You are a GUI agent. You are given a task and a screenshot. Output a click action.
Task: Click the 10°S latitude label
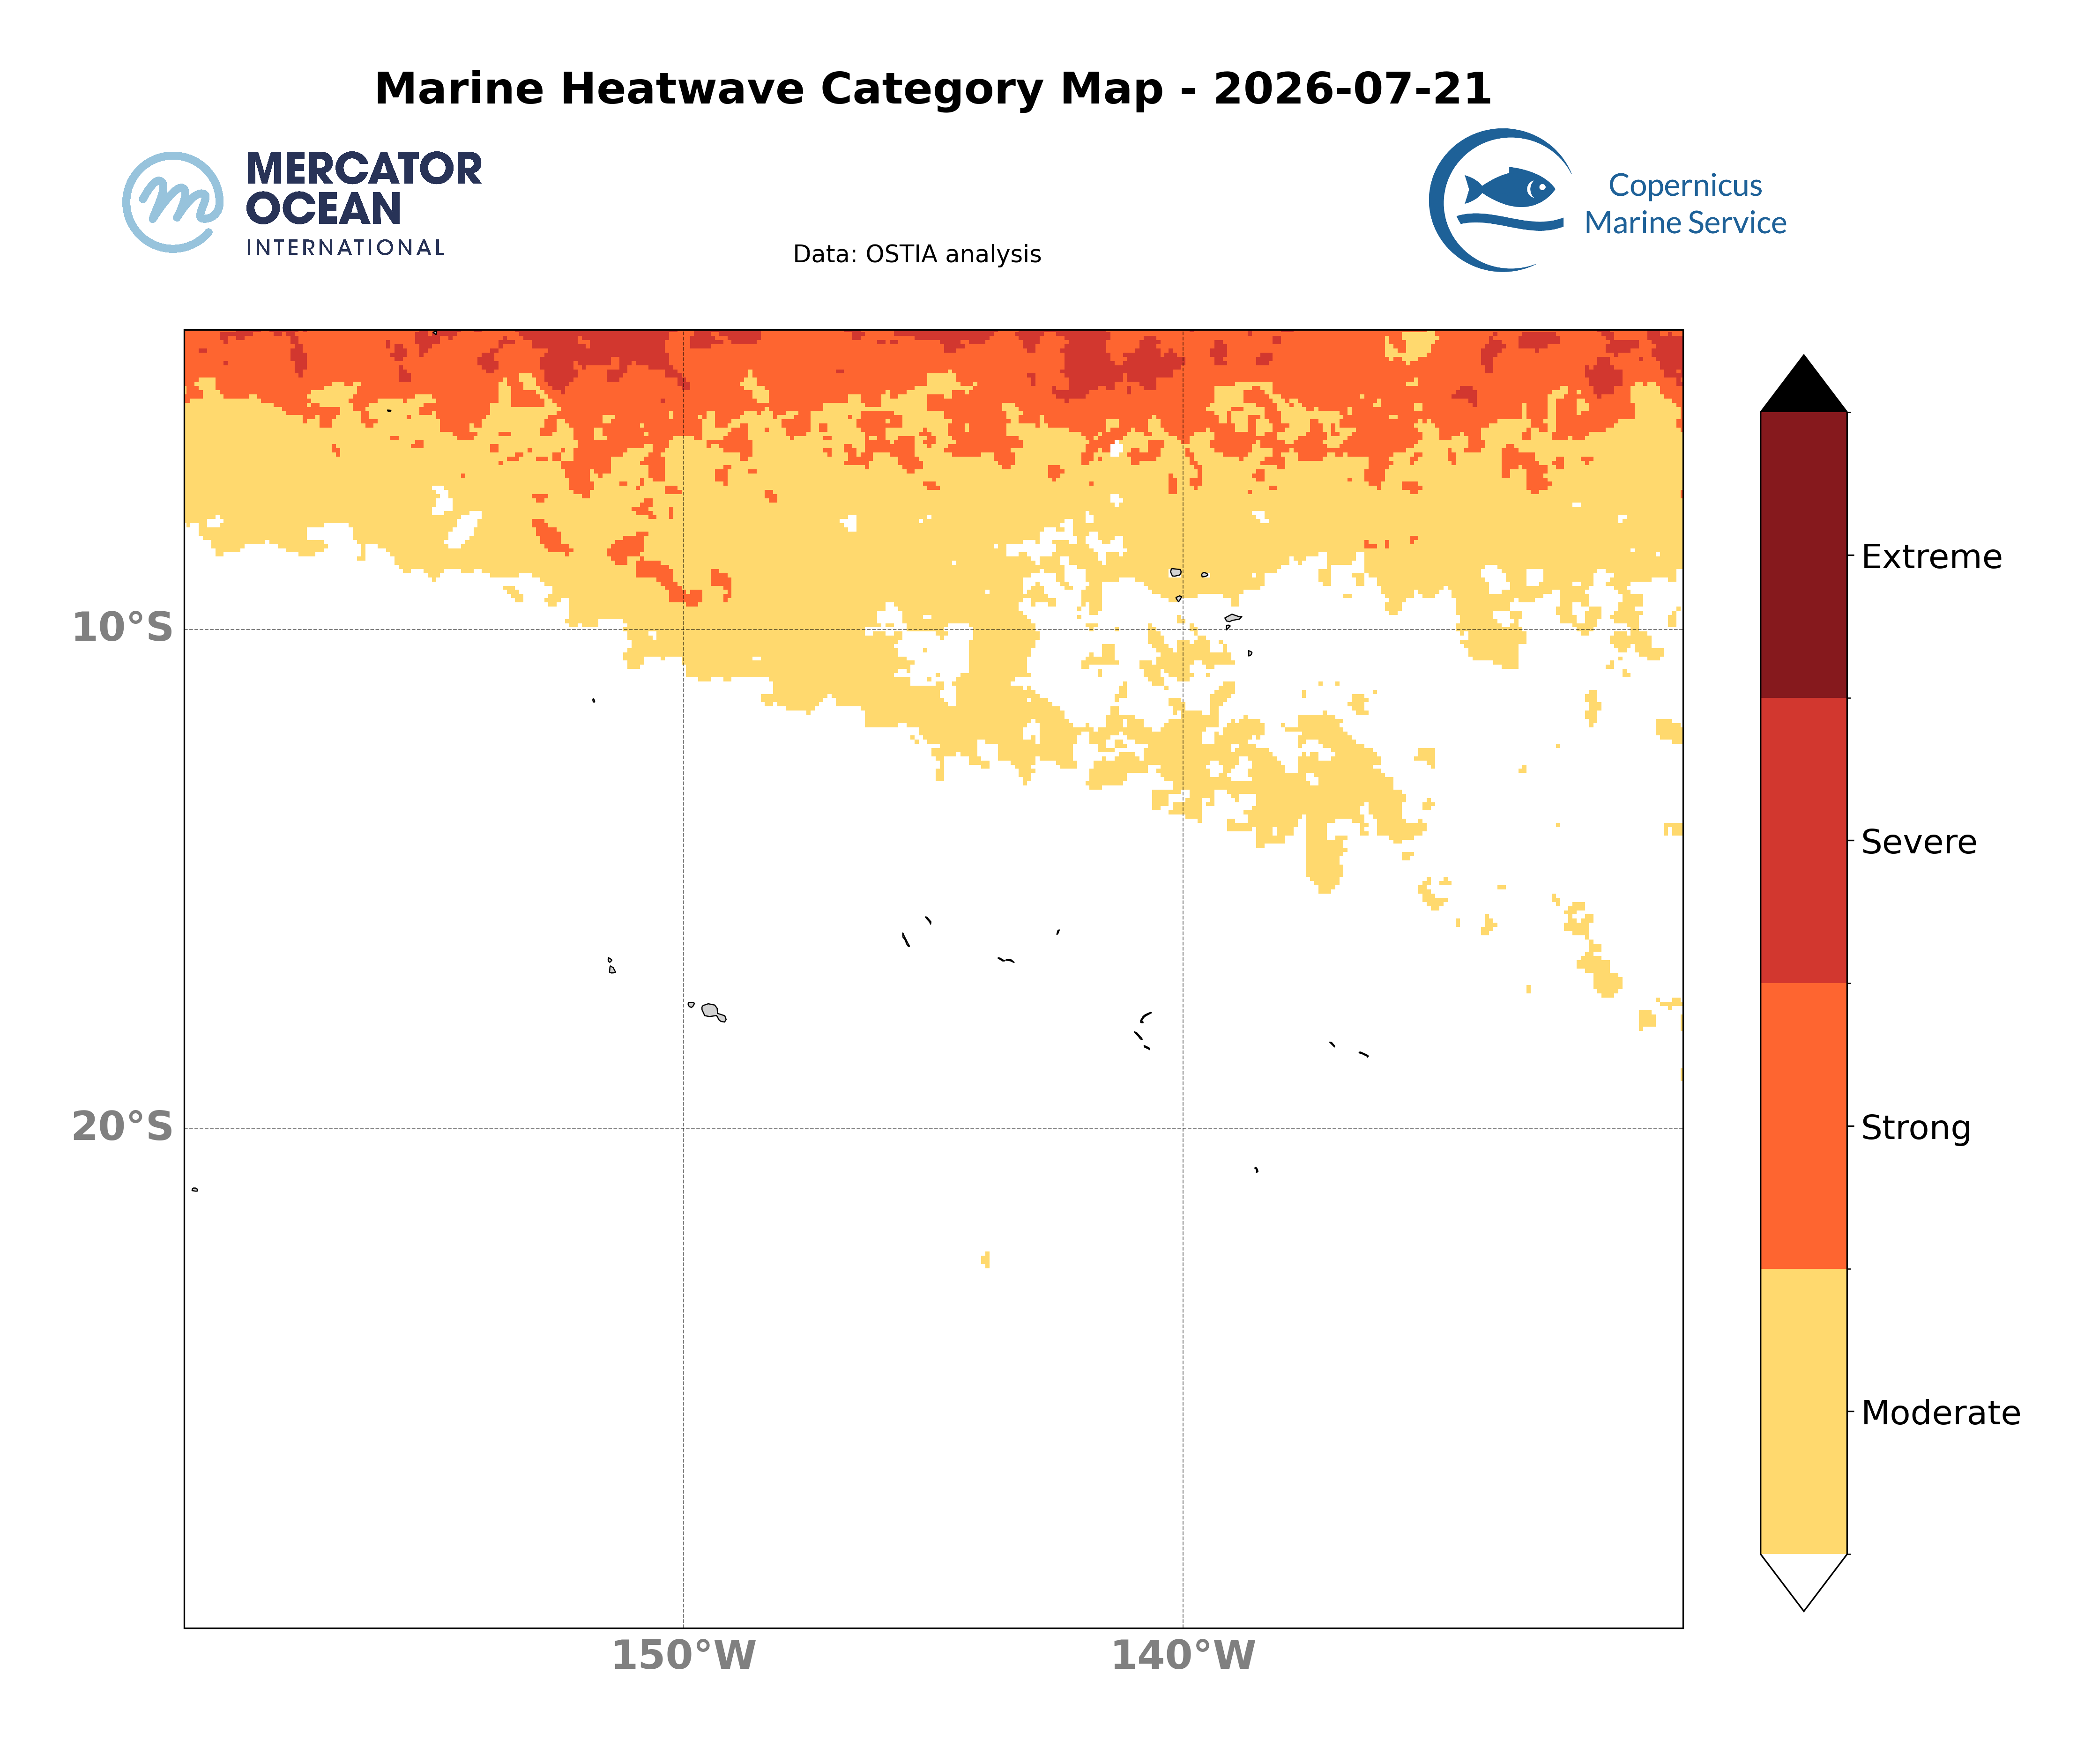123,628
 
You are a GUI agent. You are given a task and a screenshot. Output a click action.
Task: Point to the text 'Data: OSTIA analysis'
916,254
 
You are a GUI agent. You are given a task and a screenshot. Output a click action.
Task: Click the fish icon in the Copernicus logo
1509,187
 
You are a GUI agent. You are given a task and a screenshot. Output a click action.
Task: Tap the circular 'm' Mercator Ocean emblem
173,202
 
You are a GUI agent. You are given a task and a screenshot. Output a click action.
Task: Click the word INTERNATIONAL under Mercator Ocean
345,247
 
